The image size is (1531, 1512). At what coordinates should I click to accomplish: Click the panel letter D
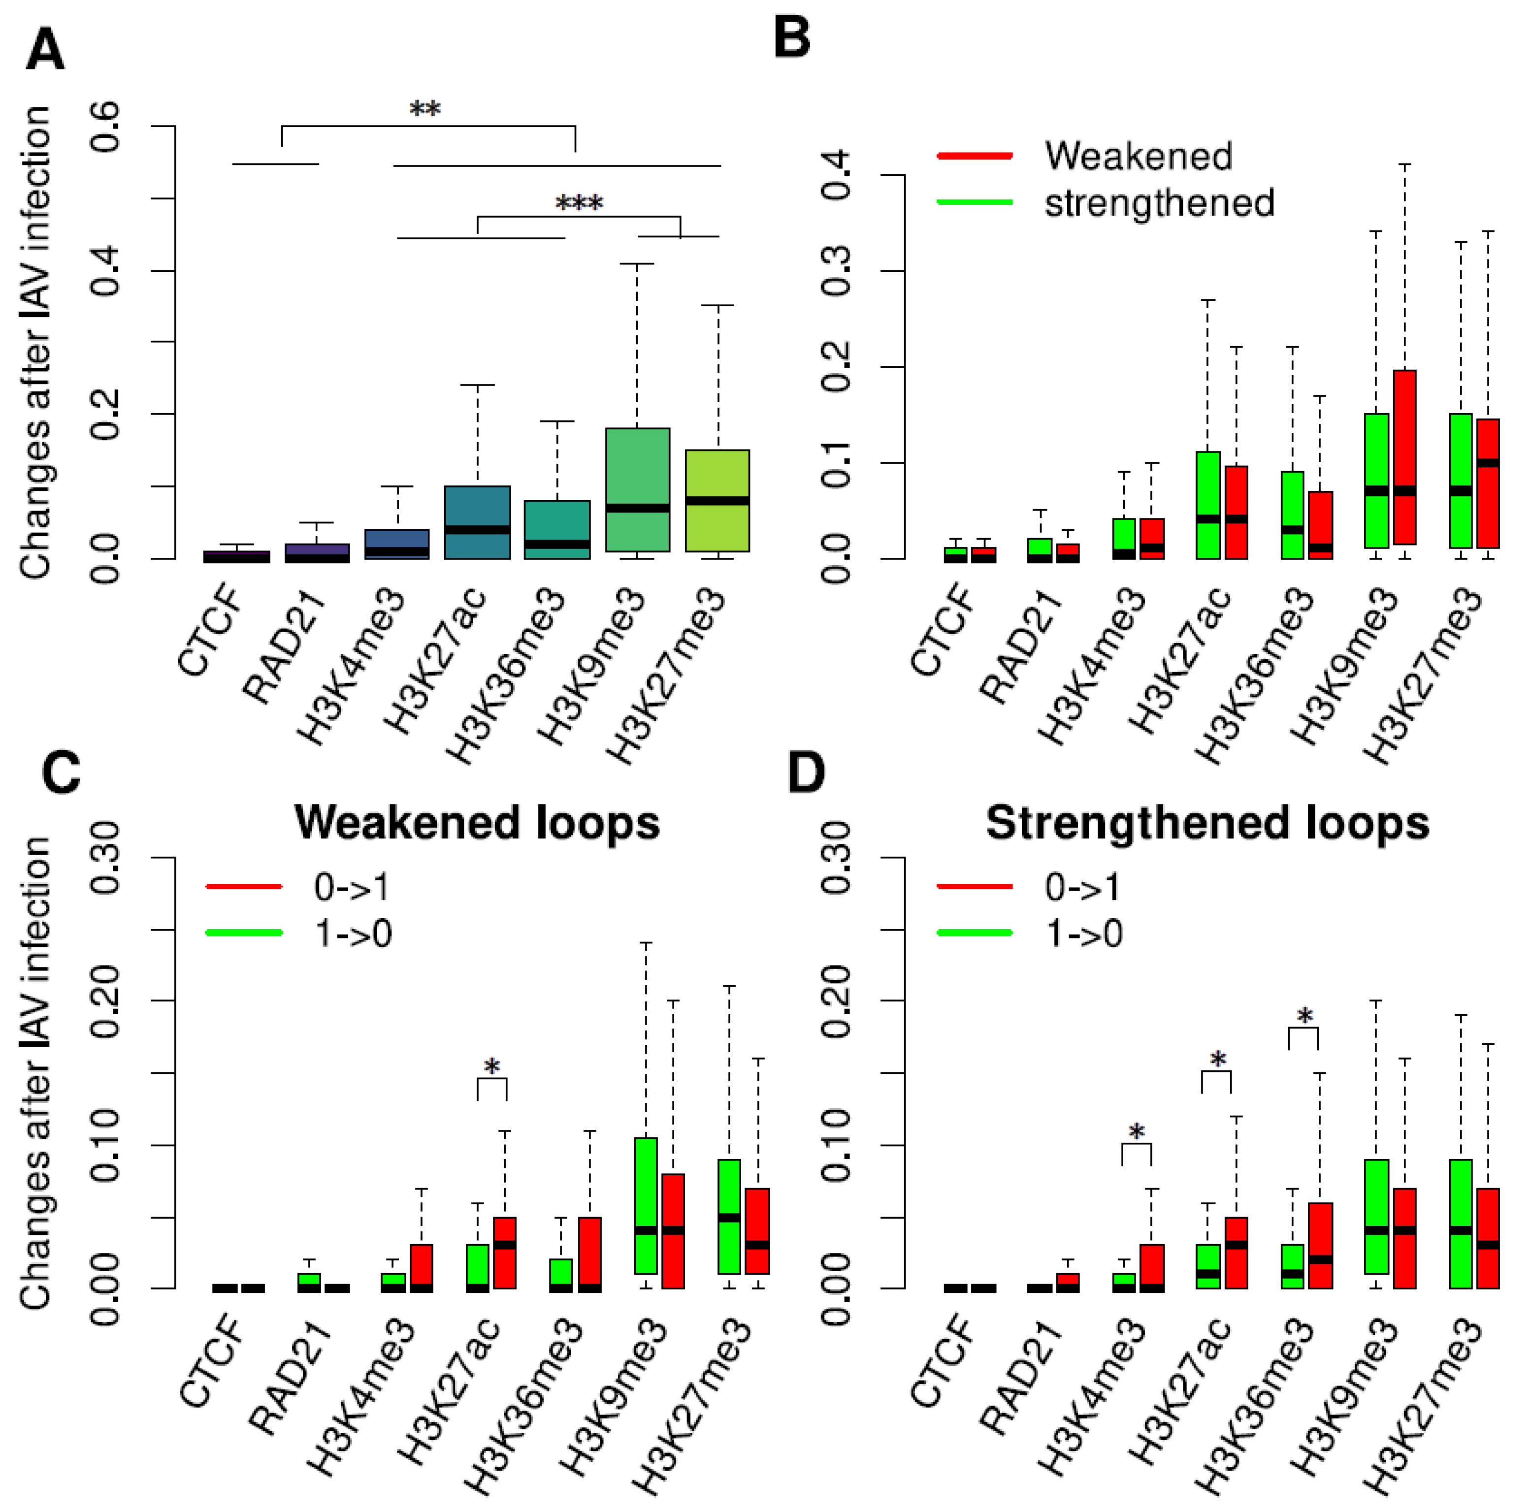pyautogui.click(x=806, y=772)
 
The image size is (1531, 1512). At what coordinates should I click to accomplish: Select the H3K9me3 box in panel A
pyautogui.click(x=637, y=490)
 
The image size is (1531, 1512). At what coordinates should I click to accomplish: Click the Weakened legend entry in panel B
pyautogui.click(x=1138, y=155)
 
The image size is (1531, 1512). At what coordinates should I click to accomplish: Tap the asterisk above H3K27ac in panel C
pyautogui.click(x=492, y=1066)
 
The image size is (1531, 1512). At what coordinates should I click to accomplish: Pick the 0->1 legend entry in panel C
pyautogui.click(x=351, y=887)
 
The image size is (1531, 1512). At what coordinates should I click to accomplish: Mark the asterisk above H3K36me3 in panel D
pyautogui.click(x=1304, y=1015)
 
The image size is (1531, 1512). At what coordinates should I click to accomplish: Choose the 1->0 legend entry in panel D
pyautogui.click(x=1083, y=933)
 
